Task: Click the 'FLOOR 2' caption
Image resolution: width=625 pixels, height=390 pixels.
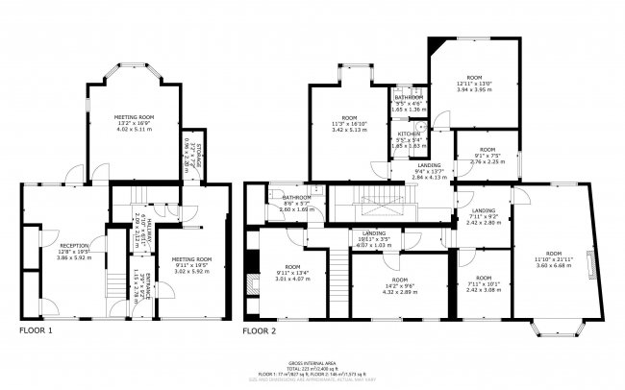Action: coord(259,330)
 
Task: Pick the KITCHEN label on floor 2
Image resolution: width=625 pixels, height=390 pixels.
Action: coord(409,139)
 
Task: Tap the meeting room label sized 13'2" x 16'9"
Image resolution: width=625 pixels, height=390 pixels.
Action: coord(134,123)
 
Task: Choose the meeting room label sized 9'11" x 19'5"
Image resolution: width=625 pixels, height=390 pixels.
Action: coord(190,264)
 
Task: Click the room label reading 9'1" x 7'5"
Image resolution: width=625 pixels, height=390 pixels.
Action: coord(487,157)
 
